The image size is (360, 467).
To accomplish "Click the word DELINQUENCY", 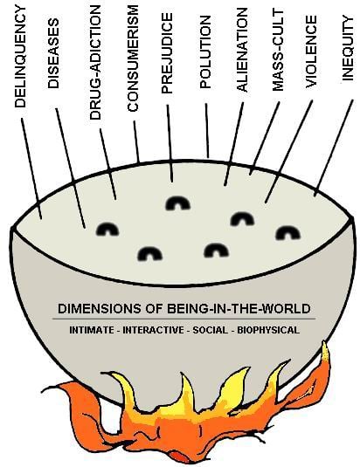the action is pyautogui.click(x=21, y=57).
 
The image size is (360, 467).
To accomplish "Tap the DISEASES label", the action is pyautogui.click(x=53, y=53).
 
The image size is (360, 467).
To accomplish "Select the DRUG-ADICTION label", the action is pyautogui.click(x=95, y=63).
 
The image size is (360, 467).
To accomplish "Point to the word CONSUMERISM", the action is pyautogui.click(x=133, y=58).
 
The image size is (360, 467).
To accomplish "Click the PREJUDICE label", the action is pyautogui.click(x=167, y=53).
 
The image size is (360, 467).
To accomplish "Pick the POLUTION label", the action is pyautogui.click(x=205, y=52).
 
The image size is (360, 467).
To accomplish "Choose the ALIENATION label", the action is pyautogui.click(x=242, y=50).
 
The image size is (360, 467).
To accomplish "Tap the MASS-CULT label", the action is pyautogui.click(x=278, y=51).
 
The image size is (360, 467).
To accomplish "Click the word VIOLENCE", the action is pyautogui.click(x=311, y=52).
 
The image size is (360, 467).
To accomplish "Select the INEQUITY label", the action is pyautogui.click(x=348, y=48).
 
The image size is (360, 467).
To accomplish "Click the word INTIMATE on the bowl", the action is pyautogui.click(x=92, y=330).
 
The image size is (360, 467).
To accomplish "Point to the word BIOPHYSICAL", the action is pyautogui.click(x=268, y=330).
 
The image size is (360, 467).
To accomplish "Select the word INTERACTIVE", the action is pyautogui.click(x=154, y=330).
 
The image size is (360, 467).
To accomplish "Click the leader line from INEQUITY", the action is pyautogui.click(x=334, y=148).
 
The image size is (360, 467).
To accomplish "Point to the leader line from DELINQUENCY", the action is pyautogui.click(x=31, y=168).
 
